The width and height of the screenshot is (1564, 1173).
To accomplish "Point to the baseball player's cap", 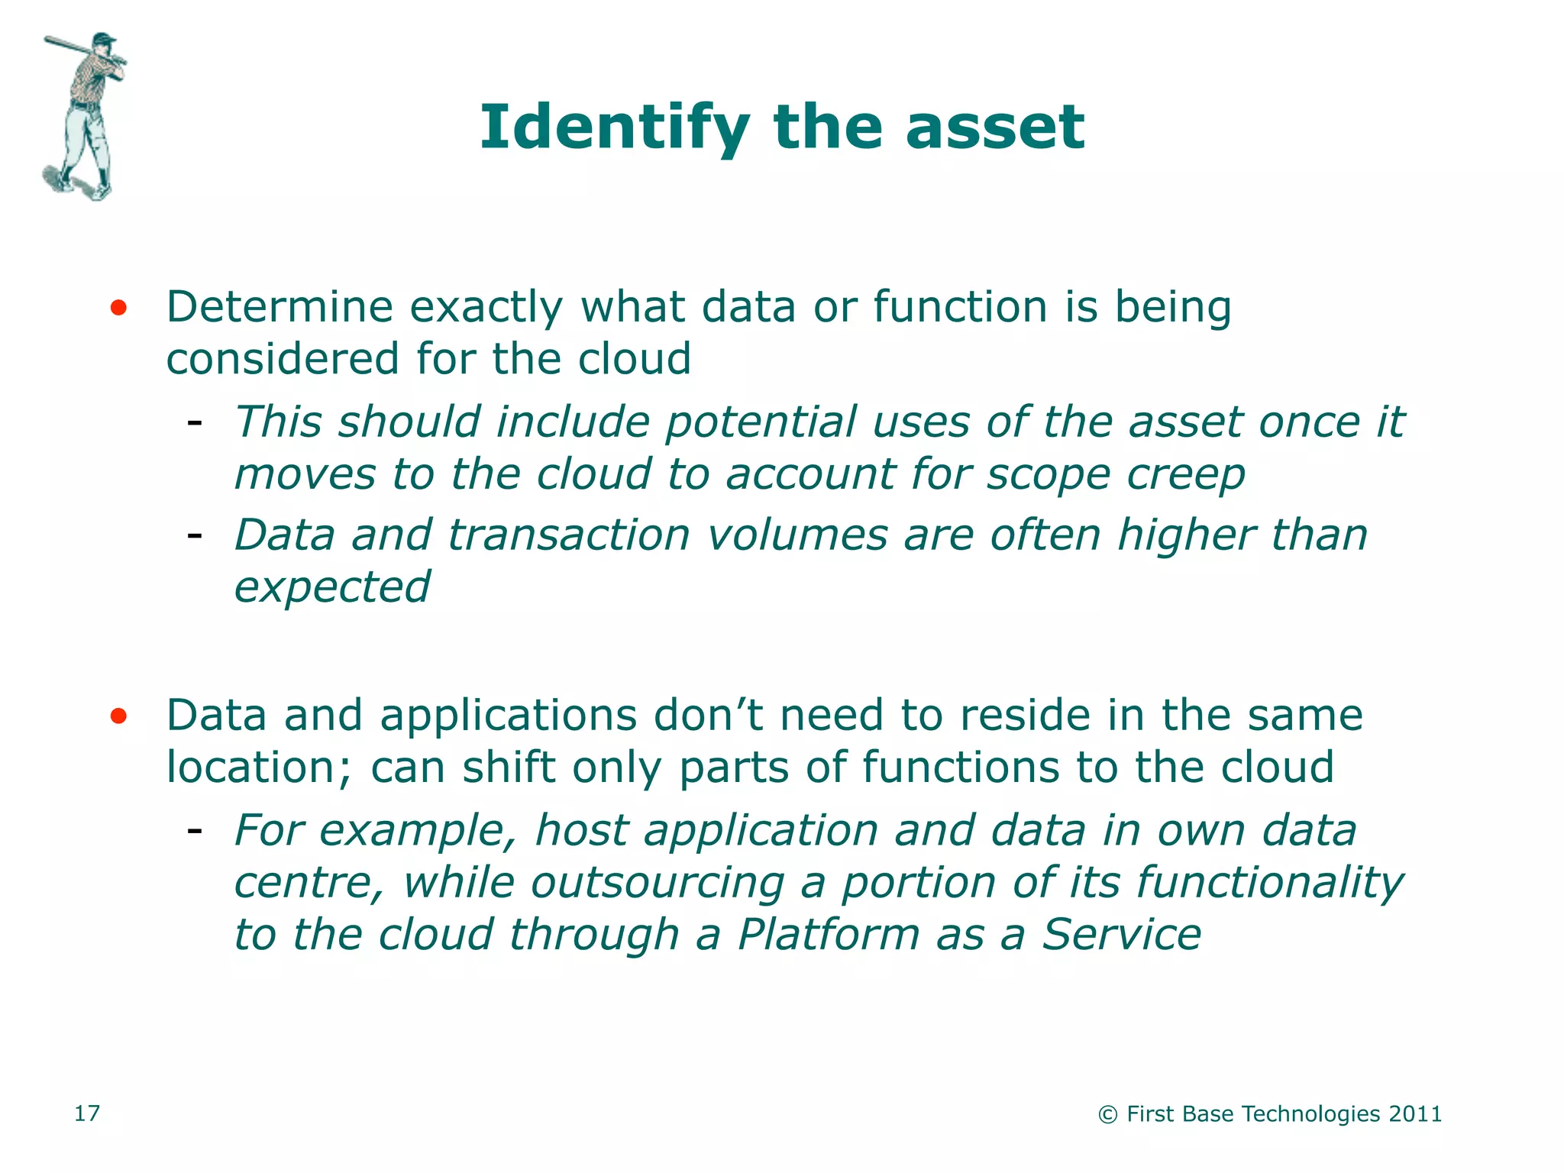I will (105, 37).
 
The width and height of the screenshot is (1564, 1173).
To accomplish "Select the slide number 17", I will (86, 1113).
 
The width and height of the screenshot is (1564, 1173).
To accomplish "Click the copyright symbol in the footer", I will (1107, 1115).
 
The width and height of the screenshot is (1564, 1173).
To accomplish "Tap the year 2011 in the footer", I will (1415, 1114).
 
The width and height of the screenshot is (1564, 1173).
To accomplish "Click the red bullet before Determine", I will (118, 309).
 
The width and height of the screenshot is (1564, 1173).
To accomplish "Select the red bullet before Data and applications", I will (118, 716).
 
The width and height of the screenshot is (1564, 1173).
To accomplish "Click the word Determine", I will (280, 308).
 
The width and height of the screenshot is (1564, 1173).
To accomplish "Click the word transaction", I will (569, 535).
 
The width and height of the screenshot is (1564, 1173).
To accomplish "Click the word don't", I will (708, 716).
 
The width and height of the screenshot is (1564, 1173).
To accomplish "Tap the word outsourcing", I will (658, 884).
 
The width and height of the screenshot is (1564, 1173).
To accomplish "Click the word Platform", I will (829, 935).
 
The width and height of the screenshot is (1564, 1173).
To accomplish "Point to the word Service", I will (1122, 935).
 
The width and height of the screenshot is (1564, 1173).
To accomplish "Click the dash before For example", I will (195, 829).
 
